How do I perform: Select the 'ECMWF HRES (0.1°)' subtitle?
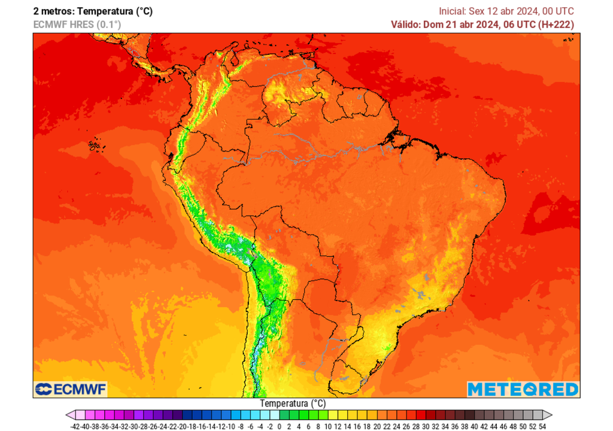point(77,25)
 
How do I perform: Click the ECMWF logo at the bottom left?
point(70,390)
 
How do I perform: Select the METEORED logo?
point(523,389)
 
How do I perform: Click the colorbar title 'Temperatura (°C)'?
point(293,403)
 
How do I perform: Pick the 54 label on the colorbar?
point(542,426)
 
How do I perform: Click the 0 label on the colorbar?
point(280,426)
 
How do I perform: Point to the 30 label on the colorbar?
point(426,426)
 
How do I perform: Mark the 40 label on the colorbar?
point(474,426)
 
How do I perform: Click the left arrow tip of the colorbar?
point(68,415)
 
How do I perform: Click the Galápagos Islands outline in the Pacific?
point(94,145)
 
